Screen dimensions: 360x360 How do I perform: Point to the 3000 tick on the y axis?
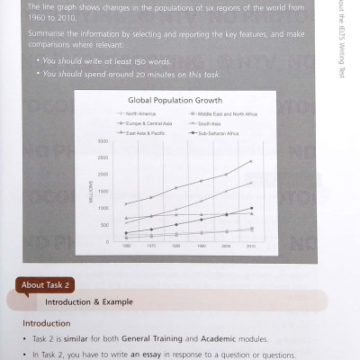pyautogui.click(x=103, y=142)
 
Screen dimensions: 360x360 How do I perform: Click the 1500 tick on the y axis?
pyautogui.click(x=103, y=192)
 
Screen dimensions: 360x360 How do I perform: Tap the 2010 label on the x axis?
pyautogui.click(x=251, y=246)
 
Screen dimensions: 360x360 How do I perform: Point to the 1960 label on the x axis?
pyautogui.click(x=126, y=246)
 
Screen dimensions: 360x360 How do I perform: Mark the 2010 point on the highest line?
pyautogui.click(x=251, y=161)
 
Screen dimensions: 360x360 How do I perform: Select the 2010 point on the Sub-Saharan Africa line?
pyautogui.click(x=251, y=208)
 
